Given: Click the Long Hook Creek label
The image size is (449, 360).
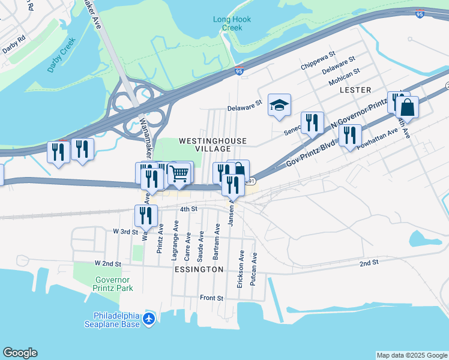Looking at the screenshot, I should [x=232, y=23].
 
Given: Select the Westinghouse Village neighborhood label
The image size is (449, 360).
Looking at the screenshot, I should [x=212, y=145].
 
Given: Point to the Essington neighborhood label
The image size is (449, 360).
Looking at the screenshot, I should [x=200, y=269].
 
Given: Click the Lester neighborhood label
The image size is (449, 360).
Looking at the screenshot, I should [x=352, y=89].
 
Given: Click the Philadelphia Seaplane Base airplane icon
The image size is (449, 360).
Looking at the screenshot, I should [x=149, y=320].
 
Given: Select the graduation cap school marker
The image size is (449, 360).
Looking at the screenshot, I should [x=279, y=106].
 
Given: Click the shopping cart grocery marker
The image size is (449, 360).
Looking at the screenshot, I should [x=179, y=174].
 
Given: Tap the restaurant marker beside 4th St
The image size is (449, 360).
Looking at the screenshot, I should [x=146, y=216].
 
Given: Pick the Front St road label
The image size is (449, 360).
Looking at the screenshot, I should [x=211, y=298].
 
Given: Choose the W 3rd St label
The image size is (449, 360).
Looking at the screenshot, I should [x=125, y=231].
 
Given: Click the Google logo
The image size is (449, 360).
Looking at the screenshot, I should [x=20, y=353].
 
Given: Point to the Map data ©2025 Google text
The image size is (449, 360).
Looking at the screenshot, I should [x=411, y=355].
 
